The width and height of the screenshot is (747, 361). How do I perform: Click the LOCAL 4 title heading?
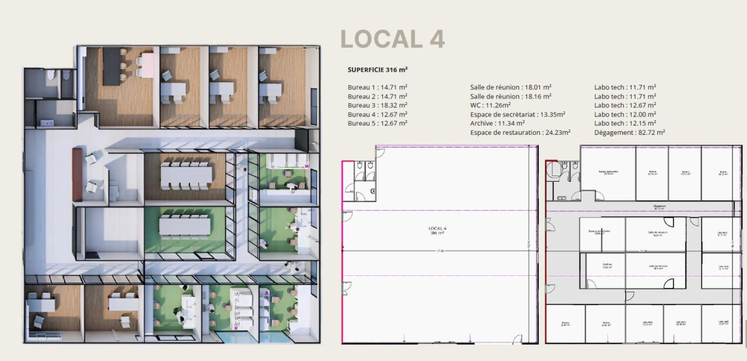[392, 39]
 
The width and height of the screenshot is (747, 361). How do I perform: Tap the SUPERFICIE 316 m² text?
[378, 69]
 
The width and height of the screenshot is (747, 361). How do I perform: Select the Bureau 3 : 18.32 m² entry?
[378, 105]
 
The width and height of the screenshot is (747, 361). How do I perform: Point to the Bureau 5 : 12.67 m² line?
[378, 123]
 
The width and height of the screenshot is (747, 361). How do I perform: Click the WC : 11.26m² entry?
[490, 105]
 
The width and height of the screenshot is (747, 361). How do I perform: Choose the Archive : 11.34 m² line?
[497, 123]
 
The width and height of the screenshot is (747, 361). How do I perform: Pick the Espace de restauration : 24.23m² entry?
[520, 132]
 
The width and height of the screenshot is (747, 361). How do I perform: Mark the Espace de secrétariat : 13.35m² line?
[518, 114]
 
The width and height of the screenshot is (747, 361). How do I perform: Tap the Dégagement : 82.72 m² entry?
[630, 132]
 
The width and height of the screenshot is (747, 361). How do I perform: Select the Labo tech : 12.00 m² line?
[625, 114]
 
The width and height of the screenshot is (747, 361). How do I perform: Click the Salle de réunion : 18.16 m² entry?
[511, 96]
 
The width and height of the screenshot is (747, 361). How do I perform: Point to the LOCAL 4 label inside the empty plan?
[437, 230]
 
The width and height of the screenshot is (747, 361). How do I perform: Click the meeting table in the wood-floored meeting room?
[184, 174]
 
